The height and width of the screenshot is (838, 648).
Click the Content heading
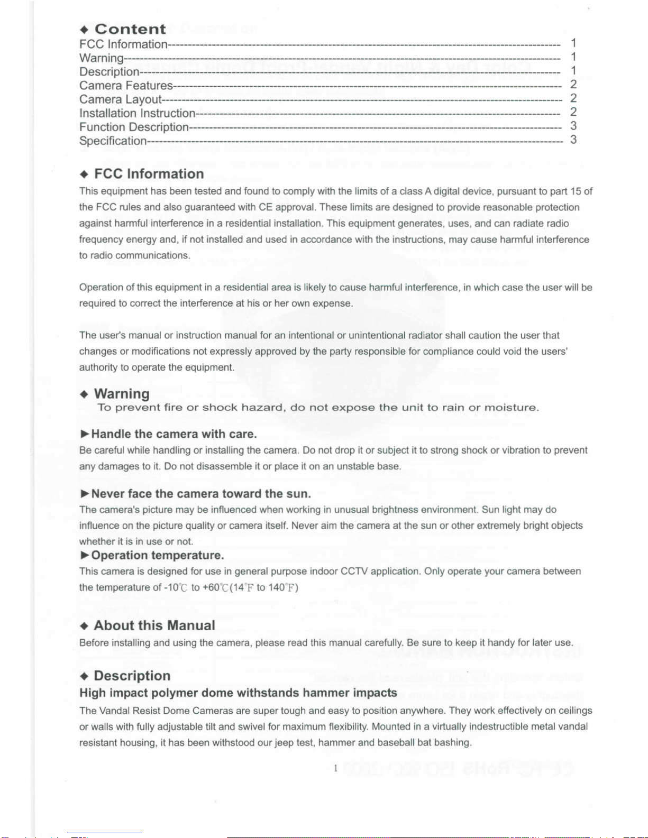(130, 29)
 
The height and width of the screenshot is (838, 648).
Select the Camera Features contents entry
(126, 86)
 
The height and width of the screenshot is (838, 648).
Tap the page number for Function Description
(573, 126)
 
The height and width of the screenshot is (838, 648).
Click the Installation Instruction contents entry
(138, 113)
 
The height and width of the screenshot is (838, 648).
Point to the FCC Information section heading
(149, 174)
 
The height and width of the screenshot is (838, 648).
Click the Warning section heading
(122, 394)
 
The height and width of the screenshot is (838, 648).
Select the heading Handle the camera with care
(174, 434)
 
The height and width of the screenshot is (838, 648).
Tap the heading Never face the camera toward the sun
(201, 494)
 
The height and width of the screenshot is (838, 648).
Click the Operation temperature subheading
(158, 555)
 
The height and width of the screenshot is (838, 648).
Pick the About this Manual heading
(154, 625)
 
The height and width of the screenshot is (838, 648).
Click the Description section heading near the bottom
(132, 676)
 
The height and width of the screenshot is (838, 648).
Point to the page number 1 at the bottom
(335, 768)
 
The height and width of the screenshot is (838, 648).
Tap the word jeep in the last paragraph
(284, 742)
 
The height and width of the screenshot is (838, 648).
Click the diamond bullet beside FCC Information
(84, 174)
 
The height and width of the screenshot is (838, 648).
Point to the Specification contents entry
(113, 141)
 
